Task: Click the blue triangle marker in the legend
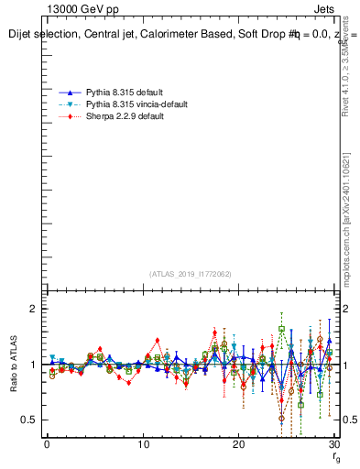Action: click(x=70, y=94)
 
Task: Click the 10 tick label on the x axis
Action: click(x=142, y=444)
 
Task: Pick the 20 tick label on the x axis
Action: click(x=237, y=444)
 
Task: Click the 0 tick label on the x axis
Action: click(x=47, y=444)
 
